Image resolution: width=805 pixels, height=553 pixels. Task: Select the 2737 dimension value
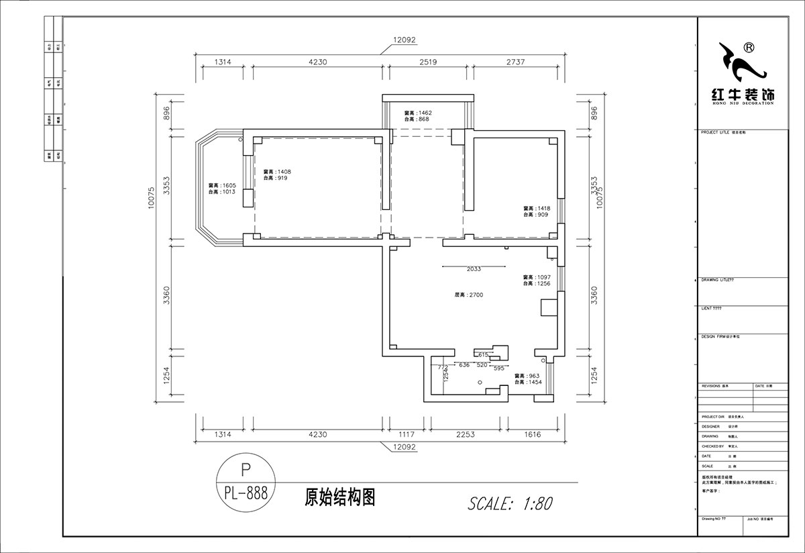513,62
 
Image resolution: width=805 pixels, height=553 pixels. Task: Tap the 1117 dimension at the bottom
407,435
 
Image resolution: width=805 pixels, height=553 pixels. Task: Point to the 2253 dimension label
465,435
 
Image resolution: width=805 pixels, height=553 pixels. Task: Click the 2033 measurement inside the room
474,269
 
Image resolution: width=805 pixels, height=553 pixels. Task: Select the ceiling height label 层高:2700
469,295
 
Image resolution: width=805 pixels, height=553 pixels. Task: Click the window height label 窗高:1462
417,113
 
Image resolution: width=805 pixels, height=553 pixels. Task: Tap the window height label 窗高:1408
277,172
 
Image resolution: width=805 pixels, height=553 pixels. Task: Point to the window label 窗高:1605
221,185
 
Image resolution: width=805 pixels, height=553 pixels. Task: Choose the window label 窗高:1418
537,209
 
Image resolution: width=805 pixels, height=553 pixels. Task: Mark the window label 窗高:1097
537,277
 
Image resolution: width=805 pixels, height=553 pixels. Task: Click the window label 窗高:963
528,376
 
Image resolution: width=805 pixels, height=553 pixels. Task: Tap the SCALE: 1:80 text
509,503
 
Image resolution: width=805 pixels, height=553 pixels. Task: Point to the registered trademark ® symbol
749,48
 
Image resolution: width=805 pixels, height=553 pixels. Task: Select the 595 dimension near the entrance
498,368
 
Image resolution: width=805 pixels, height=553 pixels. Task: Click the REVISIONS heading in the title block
714,387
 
